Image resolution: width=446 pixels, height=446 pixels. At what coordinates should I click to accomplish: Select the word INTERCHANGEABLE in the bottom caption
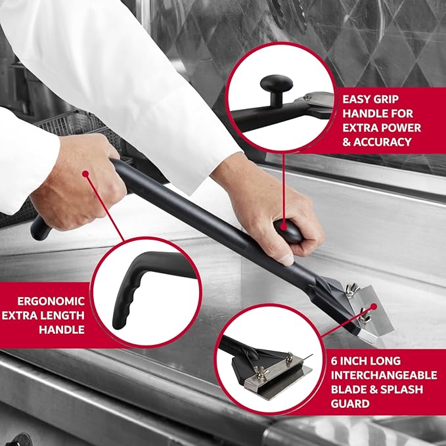coord(384,375)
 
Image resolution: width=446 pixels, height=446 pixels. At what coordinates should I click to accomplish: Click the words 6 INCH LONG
coord(367,361)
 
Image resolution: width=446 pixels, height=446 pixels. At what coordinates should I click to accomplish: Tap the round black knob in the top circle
coord(276,85)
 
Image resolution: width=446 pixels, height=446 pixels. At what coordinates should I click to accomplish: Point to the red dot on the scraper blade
coord(372,306)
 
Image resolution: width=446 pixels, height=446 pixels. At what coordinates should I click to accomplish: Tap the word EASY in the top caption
coord(357,99)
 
